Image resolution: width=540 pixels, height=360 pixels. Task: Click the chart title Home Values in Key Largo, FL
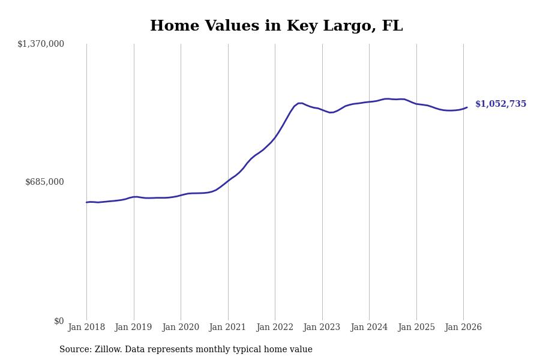click(x=276, y=26)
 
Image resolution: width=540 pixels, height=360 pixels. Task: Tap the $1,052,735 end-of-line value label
click(x=500, y=104)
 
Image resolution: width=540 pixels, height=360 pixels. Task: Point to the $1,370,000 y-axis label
click(x=41, y=44)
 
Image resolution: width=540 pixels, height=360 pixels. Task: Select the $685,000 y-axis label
click(x=44, y=182)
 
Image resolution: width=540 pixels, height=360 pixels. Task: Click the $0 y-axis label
click(x=59, y=321)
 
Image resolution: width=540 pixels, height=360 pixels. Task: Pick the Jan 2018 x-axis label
click(x=86, y=328)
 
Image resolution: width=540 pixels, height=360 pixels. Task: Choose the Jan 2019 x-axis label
click(x=134, y=328)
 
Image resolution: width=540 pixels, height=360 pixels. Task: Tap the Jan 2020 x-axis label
click(x=181, y=328)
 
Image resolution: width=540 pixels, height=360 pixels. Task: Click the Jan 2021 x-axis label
click(x=228, y=328)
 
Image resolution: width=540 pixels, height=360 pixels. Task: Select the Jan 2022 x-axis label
click(x=275, y=328)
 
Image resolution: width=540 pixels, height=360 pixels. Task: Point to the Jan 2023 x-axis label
click(x=322, y=328)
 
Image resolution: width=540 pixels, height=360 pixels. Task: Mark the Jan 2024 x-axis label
click(x=369, y=328)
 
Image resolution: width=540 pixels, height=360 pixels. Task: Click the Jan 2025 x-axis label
click(x=416, y=328)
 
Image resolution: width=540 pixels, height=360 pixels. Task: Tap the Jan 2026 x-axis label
click(x=463, y=328)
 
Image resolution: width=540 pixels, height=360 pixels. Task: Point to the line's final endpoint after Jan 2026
click(x=467, y=107)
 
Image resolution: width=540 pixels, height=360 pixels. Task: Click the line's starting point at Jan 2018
click(x=86, y=202)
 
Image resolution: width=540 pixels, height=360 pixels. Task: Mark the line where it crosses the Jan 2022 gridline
click(x=275, y=138)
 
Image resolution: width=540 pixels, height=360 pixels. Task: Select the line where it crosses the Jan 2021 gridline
click(x=228, y=181)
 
